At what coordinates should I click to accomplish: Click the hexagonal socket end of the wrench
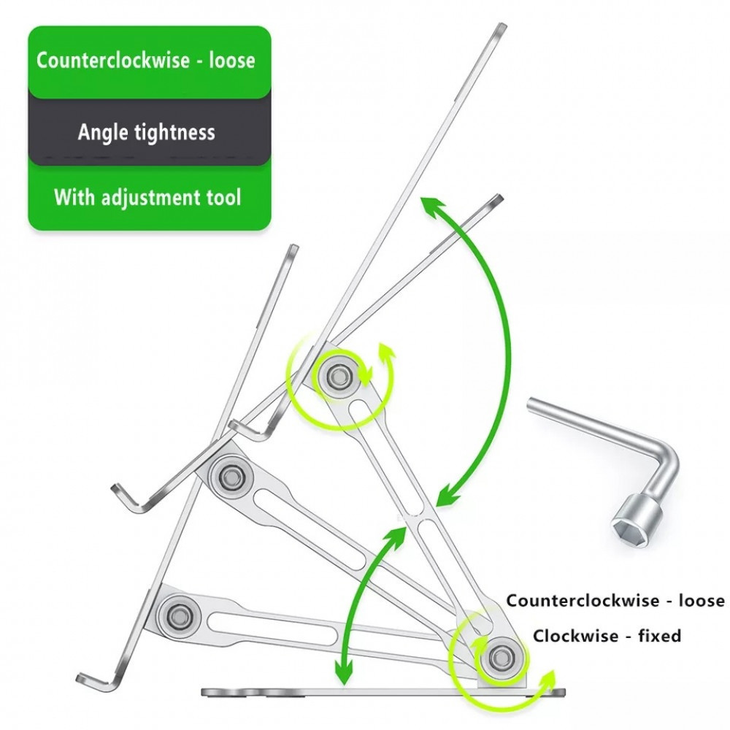(x=636, y=518)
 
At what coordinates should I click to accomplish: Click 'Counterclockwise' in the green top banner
(x=113, y=61)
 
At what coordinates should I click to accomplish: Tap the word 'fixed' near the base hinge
(x=660, y=636)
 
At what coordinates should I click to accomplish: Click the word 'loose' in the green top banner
(x=232, y=61)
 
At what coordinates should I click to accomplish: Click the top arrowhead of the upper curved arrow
(x=432, y=207)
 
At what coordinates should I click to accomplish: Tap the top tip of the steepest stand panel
(x=501, y=26)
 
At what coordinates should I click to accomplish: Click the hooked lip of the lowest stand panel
(x=96, y=682)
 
